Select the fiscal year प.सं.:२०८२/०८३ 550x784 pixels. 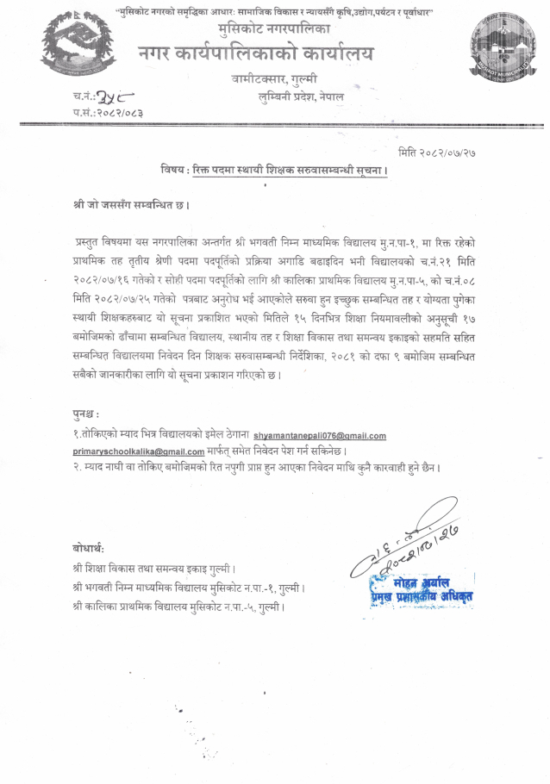pos(108,113)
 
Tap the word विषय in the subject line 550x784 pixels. pos(175,170)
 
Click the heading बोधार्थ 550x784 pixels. pos(89,548)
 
